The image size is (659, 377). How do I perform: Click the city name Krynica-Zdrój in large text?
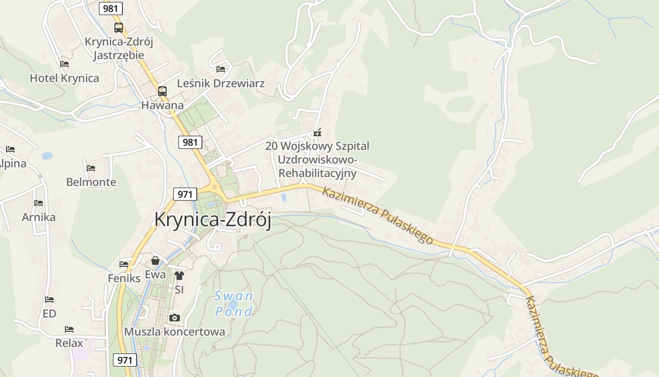pyautogui.click(x=213, y=220)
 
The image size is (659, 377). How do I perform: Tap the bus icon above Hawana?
pyautogui.click(x=162, y=91)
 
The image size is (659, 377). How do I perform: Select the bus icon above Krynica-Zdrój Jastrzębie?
pyautogui.click(x=119, y=28)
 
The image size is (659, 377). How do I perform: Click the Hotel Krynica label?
pyautogui.click(x=64, y=78)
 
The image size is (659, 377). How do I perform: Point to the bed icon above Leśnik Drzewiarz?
pyautogui.click(x=221, y=69)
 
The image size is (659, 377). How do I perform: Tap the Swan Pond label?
pyautogui.click(x=234, y=304)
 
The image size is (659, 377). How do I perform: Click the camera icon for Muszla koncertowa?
pyautogui.click(x=175, y=318)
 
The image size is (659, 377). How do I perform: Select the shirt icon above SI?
pyautogui.click(x=179, y=276)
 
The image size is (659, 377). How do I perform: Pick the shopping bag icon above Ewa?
pyautogui.click(x=155, y=261)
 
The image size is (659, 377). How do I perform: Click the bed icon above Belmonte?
pyautogui.click(x=91, y=168)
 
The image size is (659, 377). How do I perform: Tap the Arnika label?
pyautogui.click(x=39, y=217)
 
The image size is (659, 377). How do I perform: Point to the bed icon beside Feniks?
pyautogui.click(x=124, y=264)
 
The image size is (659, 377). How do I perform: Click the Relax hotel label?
pyautogui.click(x=69, y=343)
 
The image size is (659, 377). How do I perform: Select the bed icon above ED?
pyautogui.click(x=49, y=300)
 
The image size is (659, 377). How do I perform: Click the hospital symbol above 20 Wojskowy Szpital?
pyautogui.click(x=318, y=132)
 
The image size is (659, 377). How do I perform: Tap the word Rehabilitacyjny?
pyautogui.click(x=318, y=173)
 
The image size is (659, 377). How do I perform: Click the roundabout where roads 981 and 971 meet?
pyautogui.click(x=215, y=187)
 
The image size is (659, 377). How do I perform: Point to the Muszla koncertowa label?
pyautogui.click(x=175, y=332)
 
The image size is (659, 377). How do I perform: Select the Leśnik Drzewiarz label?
pyautogui.click(x=221, y=83)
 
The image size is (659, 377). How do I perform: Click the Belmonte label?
pyautogui.click(x=91, y=182)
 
